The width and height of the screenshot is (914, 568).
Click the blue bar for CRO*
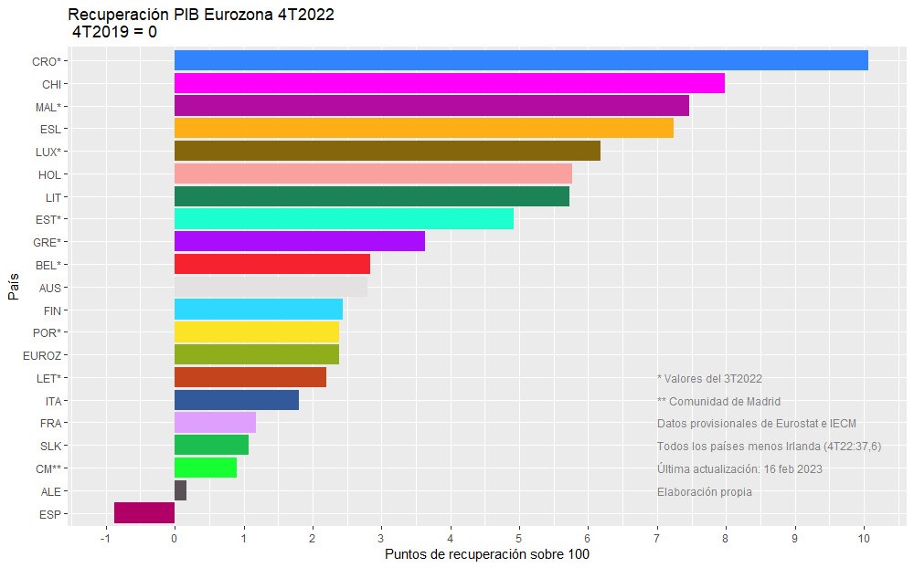pos(521,61)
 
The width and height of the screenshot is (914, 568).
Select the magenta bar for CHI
pos(449,84)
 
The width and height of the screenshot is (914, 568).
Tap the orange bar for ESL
pos(423,129)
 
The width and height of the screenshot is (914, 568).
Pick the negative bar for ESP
pos(144,513)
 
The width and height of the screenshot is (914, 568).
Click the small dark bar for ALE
pos(180,491)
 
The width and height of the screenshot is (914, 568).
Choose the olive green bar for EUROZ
pos(256,355)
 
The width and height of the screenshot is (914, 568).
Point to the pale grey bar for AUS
pos(271,288)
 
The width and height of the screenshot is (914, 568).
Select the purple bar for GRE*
pos(299,242)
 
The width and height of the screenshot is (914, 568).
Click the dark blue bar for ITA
pos(236,401)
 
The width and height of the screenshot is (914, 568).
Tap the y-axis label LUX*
pos(48,152)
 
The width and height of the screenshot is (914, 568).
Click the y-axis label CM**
pos(47,468)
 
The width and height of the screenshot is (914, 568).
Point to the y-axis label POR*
pos(47,333)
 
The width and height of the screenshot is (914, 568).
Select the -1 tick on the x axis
pos(104,539)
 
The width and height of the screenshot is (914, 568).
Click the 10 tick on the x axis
pos(864,539)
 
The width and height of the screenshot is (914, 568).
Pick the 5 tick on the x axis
pos(519,539)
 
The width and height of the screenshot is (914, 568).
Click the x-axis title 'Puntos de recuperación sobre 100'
pos(487,555)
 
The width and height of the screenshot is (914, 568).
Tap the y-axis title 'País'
pos(13,288)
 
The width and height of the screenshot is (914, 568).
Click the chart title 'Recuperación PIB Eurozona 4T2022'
pos(201,15)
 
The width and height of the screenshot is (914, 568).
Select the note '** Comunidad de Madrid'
pos(718,401)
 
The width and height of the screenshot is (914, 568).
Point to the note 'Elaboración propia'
pos(704,491)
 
